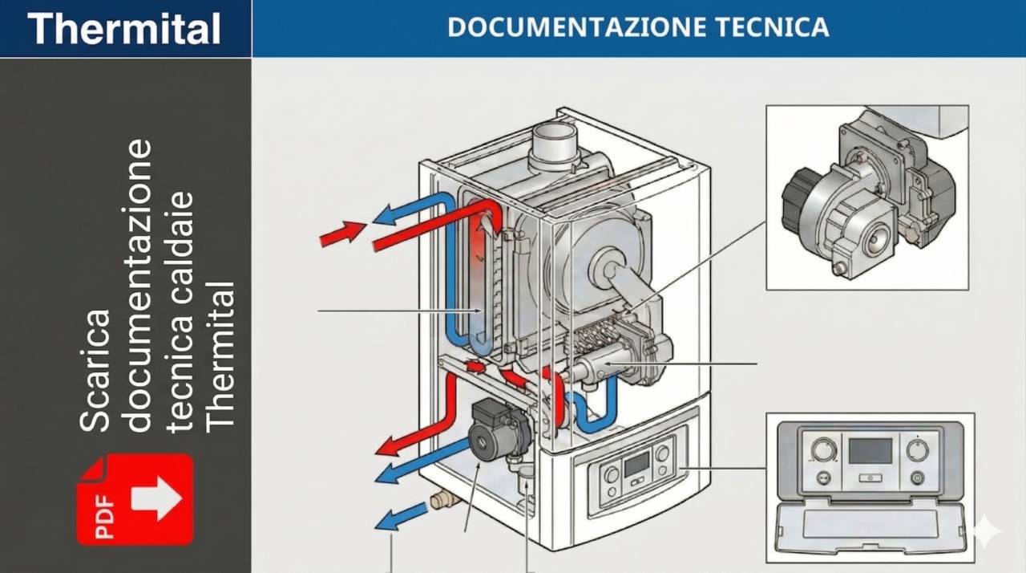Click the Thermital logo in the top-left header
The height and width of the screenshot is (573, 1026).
(x=124, y=29)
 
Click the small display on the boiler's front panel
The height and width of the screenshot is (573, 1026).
(x=636, y=462)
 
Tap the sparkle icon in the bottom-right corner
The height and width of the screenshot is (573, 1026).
(x=985, y=531)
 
